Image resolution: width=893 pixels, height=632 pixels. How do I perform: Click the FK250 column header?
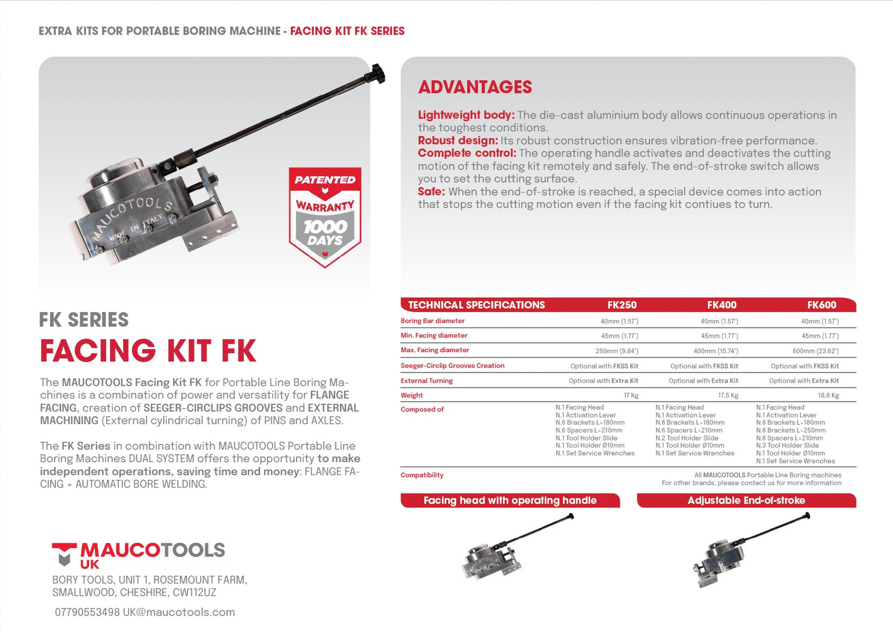(622, 305)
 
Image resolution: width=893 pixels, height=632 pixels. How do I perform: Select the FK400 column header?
(722, 305)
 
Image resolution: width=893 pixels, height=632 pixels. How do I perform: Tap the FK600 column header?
(821, 305)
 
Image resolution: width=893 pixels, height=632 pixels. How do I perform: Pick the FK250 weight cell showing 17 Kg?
(631, 395)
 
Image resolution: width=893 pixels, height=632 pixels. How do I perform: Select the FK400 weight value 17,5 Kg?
(728, 395)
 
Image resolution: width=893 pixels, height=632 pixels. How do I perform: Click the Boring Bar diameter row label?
(433, 321)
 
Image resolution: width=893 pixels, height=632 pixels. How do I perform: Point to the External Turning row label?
(426, 381)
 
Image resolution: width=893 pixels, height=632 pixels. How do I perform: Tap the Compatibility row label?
(422, 475)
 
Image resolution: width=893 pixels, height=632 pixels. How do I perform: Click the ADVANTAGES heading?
(475, 87)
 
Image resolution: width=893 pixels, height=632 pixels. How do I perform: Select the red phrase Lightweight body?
(466, 115)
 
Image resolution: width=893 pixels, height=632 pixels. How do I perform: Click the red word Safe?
(431, 192)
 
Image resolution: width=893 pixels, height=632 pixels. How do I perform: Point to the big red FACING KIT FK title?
(148, 351)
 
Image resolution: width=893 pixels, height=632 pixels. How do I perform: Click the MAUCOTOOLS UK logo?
(138, 554)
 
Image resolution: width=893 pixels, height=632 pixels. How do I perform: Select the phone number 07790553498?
(87, 612)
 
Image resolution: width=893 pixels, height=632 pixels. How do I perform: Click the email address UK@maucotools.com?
(179, 612)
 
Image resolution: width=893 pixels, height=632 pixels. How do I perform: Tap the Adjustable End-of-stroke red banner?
(746, 500)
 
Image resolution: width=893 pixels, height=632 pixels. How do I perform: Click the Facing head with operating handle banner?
(510, 500)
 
